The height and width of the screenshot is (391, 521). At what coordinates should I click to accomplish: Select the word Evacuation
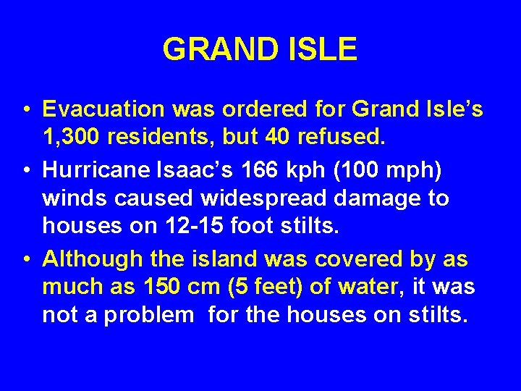(x=103, y=109)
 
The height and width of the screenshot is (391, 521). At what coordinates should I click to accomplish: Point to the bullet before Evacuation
(x=25, y=110)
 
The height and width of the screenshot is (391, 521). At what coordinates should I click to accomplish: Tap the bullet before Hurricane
(x=25, y=169)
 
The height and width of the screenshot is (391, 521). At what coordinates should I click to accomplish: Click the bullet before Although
(x=25, y=258)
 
